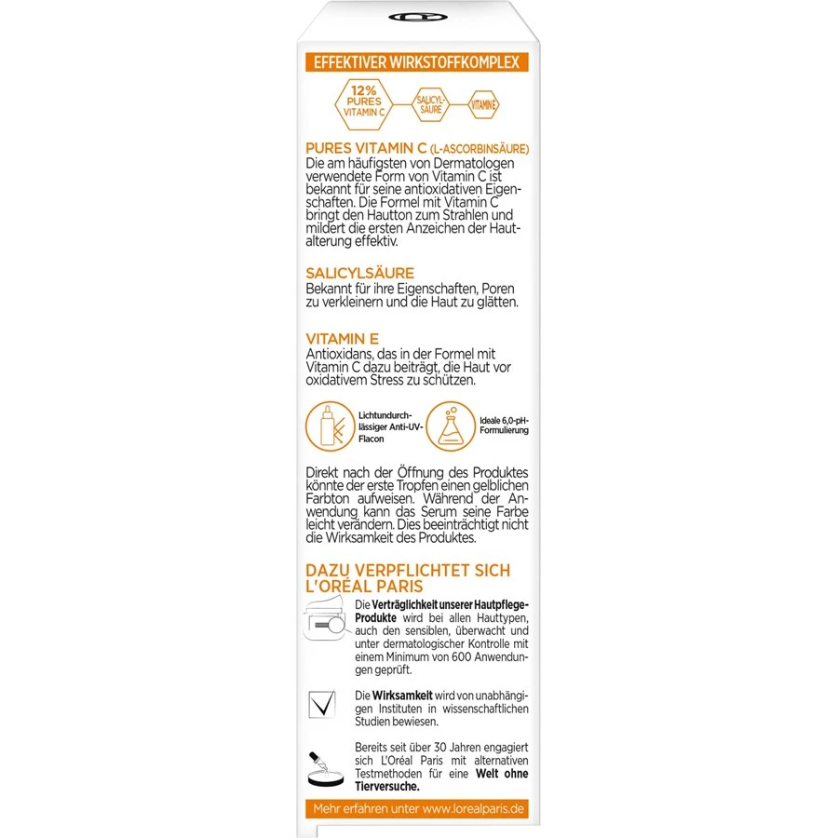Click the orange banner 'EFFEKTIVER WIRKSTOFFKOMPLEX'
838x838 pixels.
tap(417, 63)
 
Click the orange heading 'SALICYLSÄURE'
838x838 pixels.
tap(359, 273)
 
